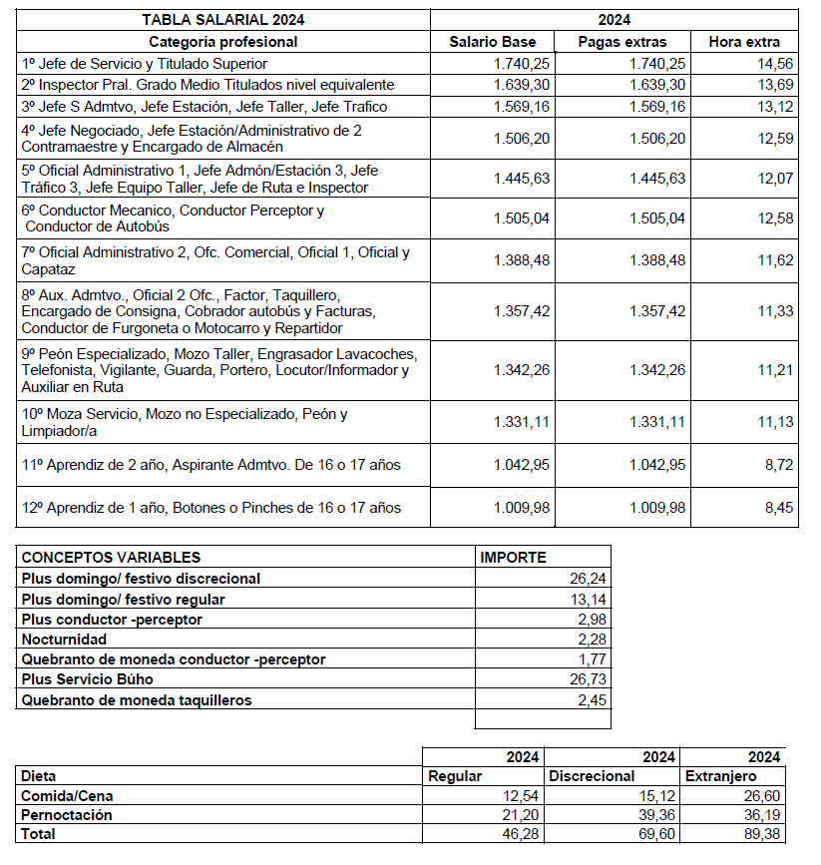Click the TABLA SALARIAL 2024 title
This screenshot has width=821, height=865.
click(223, 19)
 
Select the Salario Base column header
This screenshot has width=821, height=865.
click(493, 42)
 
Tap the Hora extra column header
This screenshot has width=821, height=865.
click(744, 42)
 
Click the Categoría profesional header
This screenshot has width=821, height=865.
click(223, 42)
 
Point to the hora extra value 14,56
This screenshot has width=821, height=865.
click(775, 63)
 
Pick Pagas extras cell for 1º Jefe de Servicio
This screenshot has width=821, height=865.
click(657, 63)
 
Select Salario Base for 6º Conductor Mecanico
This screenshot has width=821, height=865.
click(521, 219)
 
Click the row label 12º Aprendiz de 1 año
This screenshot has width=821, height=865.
click(211, 508)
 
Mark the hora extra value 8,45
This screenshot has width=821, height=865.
click(779, 508)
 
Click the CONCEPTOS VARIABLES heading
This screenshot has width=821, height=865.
click(111, 558)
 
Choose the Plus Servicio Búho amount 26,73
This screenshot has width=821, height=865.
click(585, 679)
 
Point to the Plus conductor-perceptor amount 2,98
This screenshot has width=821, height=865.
click(590, 620)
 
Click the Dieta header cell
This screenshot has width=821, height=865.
click(39, 775)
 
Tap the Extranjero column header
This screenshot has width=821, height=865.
click(722, 775)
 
